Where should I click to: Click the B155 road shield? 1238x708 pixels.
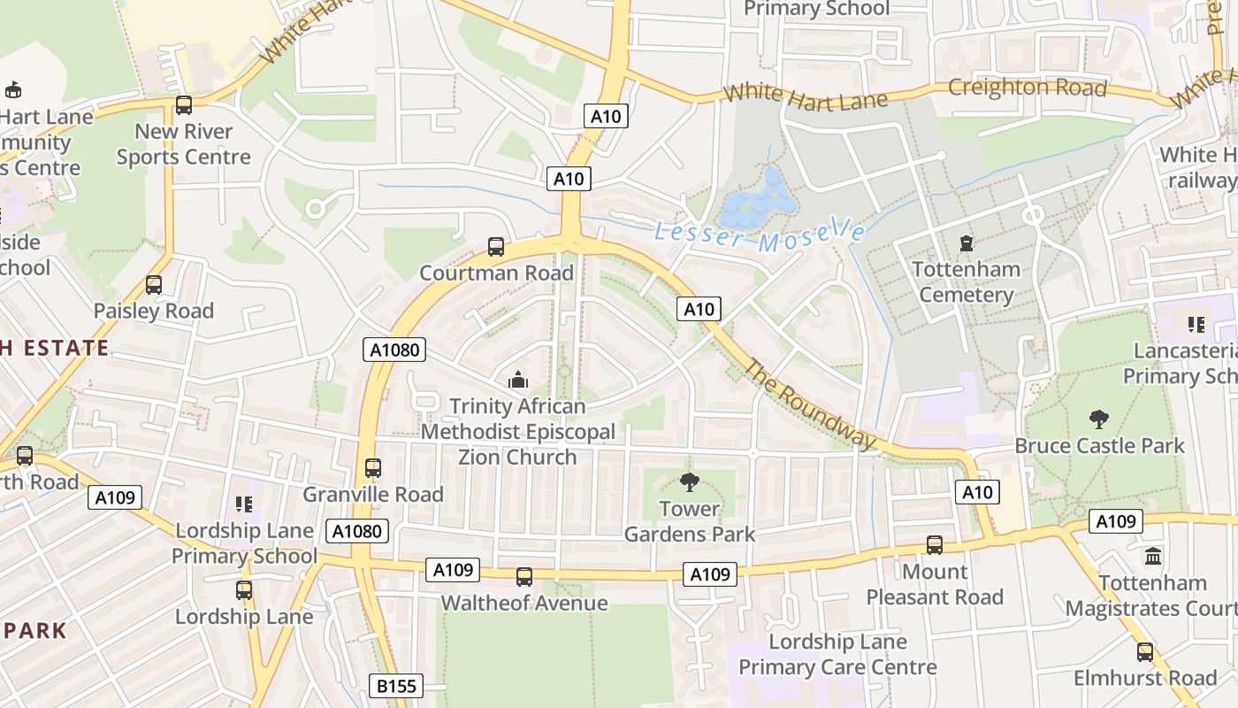point(395,686)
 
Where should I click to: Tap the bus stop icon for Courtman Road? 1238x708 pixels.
point(496,247)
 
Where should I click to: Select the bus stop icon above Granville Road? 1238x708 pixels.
point(373,468)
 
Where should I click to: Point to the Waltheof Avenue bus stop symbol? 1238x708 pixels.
point(524,577)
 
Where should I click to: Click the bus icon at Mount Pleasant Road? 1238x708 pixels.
point(935,545)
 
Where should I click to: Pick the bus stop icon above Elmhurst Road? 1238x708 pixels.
point(1145,652)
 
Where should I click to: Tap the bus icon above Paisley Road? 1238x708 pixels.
point(154,285)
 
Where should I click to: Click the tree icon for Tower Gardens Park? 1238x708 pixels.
point(689,482)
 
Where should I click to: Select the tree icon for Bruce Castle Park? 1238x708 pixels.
point(1099,419)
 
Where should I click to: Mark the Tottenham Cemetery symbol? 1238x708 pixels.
point(966,242)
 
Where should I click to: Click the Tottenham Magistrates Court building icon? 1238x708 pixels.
point(1153,557)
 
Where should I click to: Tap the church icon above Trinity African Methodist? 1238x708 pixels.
point(518,381)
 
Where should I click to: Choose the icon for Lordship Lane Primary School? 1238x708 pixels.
point(244,504)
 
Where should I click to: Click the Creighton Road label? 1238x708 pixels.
point(1027,88)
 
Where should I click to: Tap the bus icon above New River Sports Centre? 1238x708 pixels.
point(184,105)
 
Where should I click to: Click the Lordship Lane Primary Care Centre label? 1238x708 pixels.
point(837,654)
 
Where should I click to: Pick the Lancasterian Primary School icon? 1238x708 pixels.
point(1196,325)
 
